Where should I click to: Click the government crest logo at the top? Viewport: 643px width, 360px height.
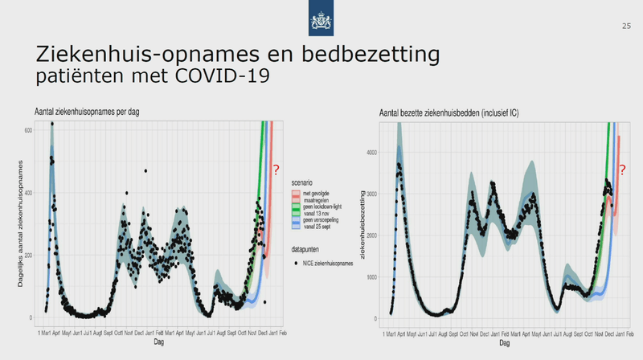click(321, 18)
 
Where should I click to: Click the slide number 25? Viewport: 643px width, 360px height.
click(626, 27)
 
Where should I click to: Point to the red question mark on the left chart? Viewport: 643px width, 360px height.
click(275, 170)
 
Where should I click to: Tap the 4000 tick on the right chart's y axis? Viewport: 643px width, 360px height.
click(371, 151)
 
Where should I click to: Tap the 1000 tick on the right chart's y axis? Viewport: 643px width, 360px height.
click(371, 277)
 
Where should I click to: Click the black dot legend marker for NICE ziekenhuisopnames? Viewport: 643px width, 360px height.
click(296, 263)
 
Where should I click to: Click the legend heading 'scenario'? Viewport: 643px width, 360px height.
click(304, 182)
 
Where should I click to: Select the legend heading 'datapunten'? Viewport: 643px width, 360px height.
click(306, 250)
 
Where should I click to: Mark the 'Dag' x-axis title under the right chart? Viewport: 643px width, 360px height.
click(503, 342)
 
